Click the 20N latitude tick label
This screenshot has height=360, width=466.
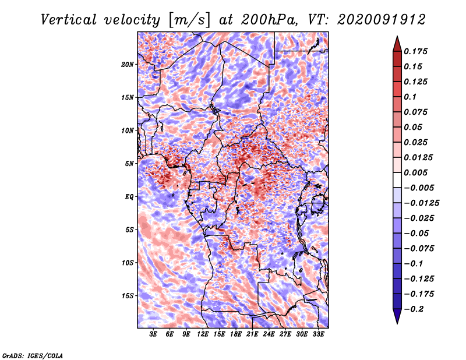click(128, 65)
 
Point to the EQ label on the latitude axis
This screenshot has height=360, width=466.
click(129, 197)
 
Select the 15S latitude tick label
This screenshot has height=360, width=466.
click(128, 296)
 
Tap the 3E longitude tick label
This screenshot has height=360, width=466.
click(153, 334)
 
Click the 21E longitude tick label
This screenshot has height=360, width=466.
click(252, 334)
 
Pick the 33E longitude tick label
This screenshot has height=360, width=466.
click(318, 334)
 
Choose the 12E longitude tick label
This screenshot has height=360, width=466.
click(203, 334)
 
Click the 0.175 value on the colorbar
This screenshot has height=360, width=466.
click(415, 51)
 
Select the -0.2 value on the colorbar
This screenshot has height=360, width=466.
click(414, 309)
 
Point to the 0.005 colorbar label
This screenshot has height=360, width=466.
click(415, 172)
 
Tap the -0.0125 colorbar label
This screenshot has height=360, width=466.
click(421, 203)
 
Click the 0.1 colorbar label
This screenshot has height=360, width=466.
click(410, 97)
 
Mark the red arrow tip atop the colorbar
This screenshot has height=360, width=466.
click(397, 36)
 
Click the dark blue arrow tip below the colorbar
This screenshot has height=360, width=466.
click(397, 323)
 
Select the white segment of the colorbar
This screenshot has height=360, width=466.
click(397, 180)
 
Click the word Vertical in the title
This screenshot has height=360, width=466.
click(69, 20)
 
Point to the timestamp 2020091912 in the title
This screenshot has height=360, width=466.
click(382, 20)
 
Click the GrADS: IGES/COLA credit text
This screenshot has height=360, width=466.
click(33, 356)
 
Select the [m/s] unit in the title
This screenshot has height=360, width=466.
click(189, 20)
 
